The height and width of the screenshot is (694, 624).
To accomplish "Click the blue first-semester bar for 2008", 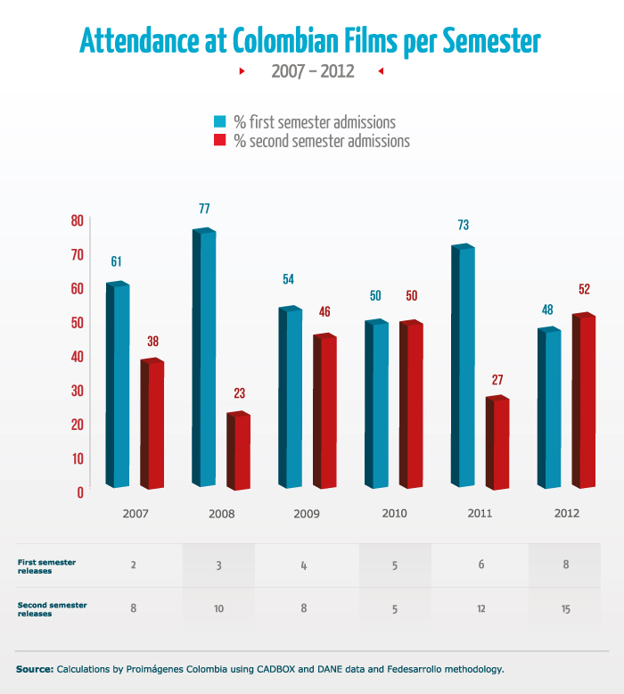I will (x=205, y=357).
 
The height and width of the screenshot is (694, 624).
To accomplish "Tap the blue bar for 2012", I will (x=549, y=408).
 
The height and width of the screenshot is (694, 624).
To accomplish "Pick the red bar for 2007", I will (x=152, y=425).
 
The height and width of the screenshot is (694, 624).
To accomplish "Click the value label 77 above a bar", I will (x=204, y=209).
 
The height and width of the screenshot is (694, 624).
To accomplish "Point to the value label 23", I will (x=239, y=392).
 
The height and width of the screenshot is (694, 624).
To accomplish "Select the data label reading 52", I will (x=584, y=289).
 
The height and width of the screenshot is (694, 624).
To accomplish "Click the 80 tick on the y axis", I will (x=77, y=220).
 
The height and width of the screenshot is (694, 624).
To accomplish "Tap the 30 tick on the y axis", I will (x=77, y=390).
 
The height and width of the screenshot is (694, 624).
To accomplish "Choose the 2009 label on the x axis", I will (x=308, y=514).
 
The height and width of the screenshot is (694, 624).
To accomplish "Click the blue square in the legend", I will (x=220, y=122).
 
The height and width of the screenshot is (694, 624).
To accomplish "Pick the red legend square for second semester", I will (x=220, y=141).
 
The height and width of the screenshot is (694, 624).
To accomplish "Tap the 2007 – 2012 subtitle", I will (x=313, y=71).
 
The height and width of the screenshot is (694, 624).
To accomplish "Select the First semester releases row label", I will (x=47, y=566).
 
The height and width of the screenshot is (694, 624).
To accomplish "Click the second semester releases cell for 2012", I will (x=566, y=609).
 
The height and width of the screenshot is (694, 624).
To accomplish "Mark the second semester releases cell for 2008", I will (x=218, y=609).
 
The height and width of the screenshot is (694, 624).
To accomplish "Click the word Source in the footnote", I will (x=34, y=668).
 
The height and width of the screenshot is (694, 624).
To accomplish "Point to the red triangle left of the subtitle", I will (x=242, y=71).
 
